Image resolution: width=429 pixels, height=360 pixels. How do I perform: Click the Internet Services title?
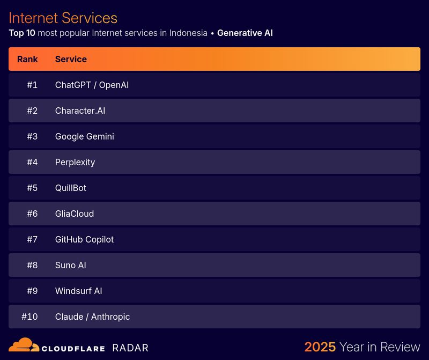(x=63, y=18)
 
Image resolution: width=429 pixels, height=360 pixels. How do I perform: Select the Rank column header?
(x=27, y=59)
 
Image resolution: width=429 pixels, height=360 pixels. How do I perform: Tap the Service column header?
(x=71, y=59)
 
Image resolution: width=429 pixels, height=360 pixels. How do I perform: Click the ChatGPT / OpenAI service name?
(x=92, y=85)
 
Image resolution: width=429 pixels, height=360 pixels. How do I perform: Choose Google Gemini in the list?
(x=84, y=136)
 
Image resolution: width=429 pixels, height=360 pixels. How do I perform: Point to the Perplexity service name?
(x=75, y=162)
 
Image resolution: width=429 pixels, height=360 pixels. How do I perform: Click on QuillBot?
(x=70, y=188)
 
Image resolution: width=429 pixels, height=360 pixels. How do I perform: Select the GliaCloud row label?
(x=74, y=214)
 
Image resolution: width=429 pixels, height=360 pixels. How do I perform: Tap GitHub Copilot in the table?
(x=84, y=239)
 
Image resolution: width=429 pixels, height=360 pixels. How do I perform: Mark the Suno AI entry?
(x=70, y=265)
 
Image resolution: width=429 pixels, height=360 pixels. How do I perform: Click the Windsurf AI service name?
(x=78, y=291)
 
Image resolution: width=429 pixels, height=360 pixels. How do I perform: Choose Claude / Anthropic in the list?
(x=92, y=317)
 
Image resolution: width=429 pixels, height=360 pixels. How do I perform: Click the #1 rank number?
(x=32, y=85)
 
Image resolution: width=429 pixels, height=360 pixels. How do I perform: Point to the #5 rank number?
(x=32, y=188)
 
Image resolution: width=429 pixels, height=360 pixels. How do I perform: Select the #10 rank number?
(x=29, y=317)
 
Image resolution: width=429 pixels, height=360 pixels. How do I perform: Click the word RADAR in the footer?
(x=130, y=348)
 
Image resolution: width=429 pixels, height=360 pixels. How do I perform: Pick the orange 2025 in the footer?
(x=320, y=347)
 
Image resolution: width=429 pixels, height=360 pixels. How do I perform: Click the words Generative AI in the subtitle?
(x=245, y=33)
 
